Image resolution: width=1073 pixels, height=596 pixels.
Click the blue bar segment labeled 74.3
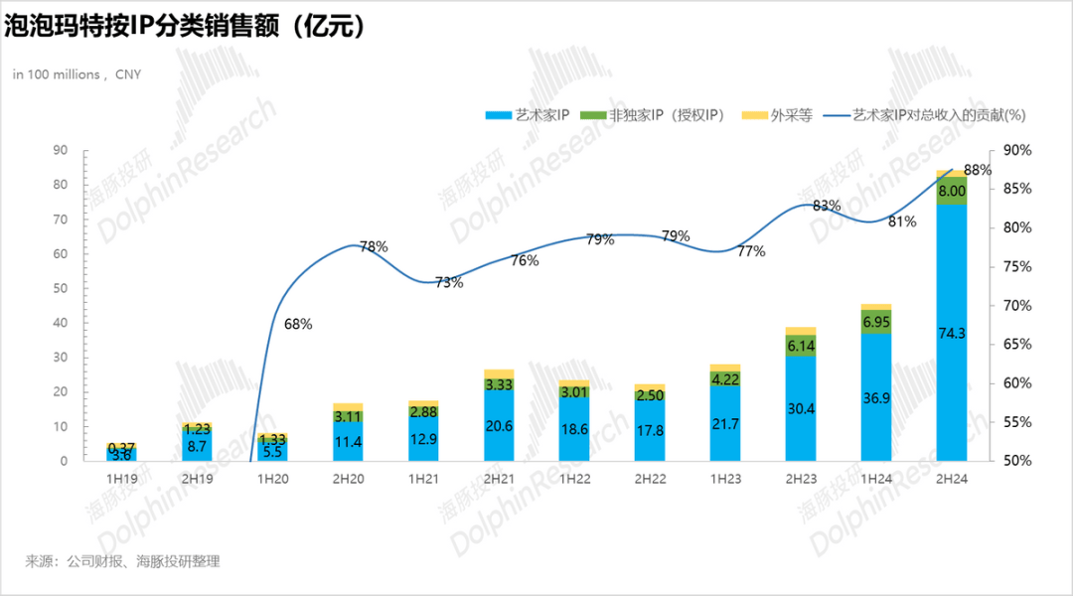click(x=951, y=333)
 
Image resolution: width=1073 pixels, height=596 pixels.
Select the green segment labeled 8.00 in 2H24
click(x=951, y=191)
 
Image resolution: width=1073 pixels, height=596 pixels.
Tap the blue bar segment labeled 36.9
click(x=875, y=397)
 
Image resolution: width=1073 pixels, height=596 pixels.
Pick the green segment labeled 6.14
click(x=800, y=346)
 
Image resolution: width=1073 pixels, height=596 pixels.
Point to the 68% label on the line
click(x=298, y=324)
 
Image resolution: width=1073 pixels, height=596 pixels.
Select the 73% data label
click(x=449, y=282)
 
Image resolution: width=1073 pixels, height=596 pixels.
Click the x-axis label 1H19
click(x=121, y=478)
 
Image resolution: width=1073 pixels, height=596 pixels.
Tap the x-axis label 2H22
click(x=649, y=478)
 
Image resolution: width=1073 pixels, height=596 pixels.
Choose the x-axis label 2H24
click(x=951, y=478)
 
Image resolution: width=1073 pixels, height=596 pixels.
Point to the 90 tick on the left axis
click(x=61, y=150)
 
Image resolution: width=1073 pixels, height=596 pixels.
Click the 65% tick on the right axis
click(x=1017, y=345)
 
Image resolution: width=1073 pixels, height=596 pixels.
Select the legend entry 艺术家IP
click(x=529, y=115)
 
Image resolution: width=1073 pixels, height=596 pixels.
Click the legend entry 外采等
click(x=780, y=115)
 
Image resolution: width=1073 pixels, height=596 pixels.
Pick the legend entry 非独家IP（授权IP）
click(x=656, y=115)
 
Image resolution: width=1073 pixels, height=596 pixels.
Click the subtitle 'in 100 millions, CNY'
click(x=77, y=74)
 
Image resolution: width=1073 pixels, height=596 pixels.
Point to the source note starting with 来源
click(x=122, y=561)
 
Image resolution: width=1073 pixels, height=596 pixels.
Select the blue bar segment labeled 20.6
click(x=498, y=425)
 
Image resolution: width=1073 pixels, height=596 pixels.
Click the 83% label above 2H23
click(x=827, y=206)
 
